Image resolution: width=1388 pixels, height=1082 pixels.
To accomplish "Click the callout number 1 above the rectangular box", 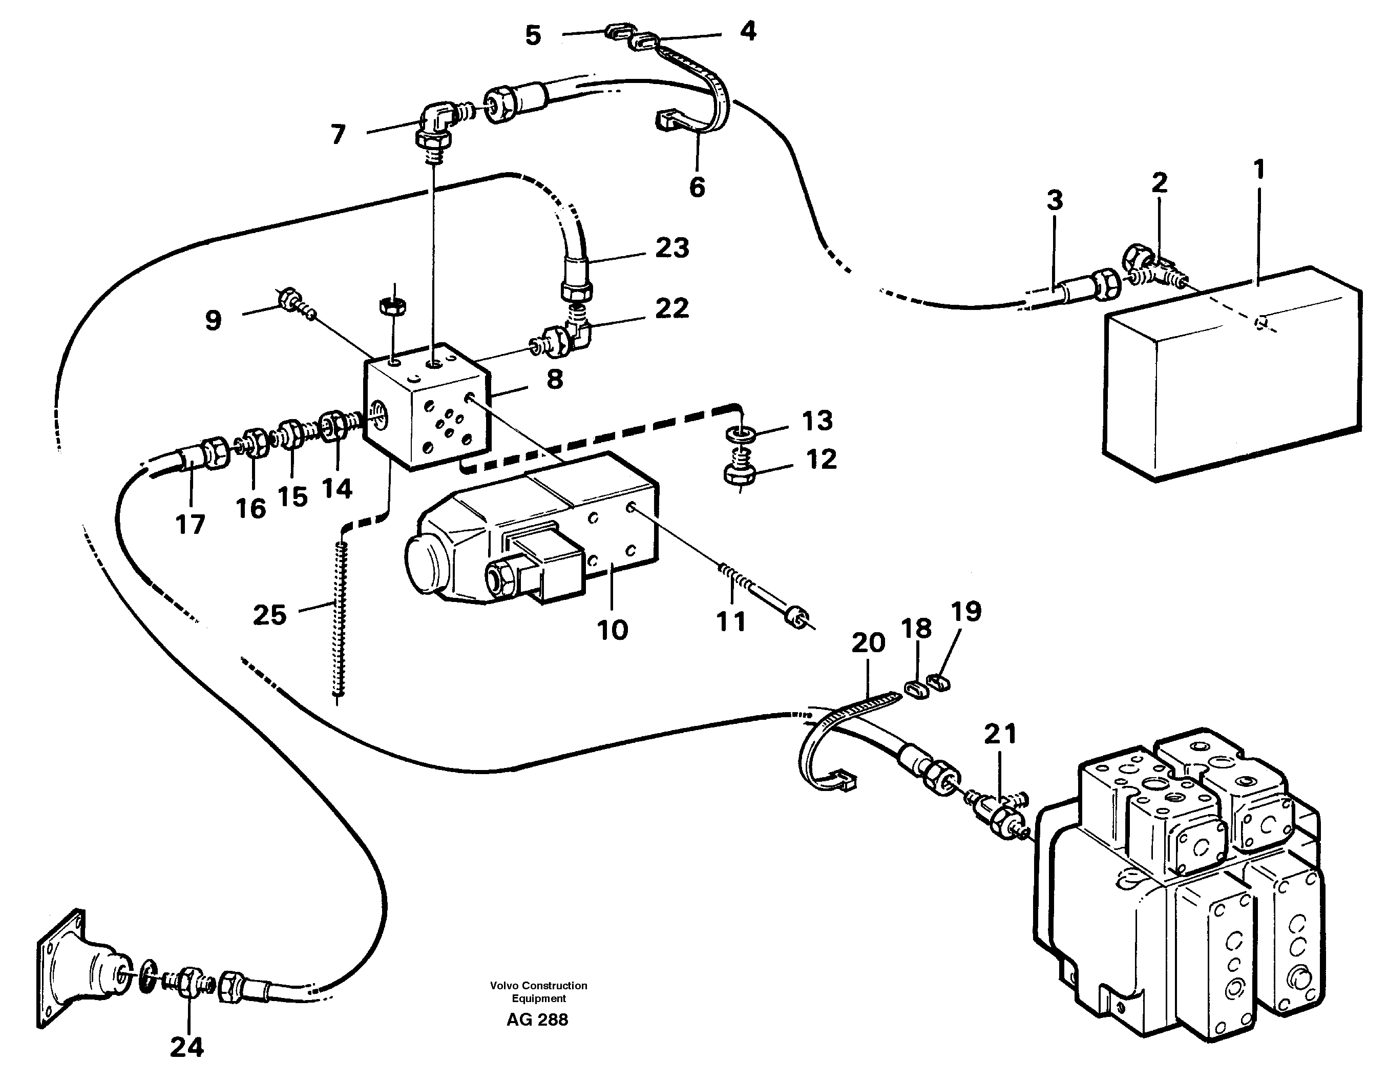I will point(1259,170).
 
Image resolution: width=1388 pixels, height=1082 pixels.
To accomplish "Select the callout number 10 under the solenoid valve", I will point(612,630).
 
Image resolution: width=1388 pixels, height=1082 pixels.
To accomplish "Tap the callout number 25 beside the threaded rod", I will point(269,615).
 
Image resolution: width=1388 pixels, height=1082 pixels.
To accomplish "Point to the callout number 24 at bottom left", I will point(186,1047).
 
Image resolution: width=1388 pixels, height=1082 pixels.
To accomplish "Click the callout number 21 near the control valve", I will point(1000,734).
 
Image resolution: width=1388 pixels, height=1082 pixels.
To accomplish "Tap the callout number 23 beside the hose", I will point(672,248).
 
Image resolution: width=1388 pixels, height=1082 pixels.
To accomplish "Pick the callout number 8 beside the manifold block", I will point(554,380).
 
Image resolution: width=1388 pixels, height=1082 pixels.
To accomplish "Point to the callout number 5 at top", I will point(533,35).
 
